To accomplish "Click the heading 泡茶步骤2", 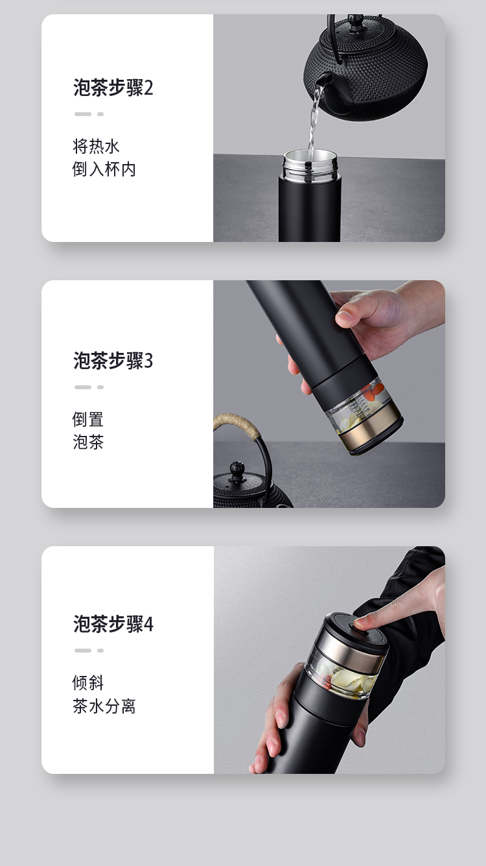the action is [113, 88].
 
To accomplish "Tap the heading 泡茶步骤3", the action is [113, 360].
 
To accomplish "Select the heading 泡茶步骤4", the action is [113, 623].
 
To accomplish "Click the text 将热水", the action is [96, 146].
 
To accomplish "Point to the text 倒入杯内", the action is [104, 169].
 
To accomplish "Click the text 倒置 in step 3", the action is [88, 419].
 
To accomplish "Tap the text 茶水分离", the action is [104, 706].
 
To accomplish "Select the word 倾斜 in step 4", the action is [88, 682].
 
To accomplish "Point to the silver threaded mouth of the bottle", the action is [310, 165].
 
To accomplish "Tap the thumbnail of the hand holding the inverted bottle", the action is [345, 318].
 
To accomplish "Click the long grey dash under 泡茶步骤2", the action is [83, 114].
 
